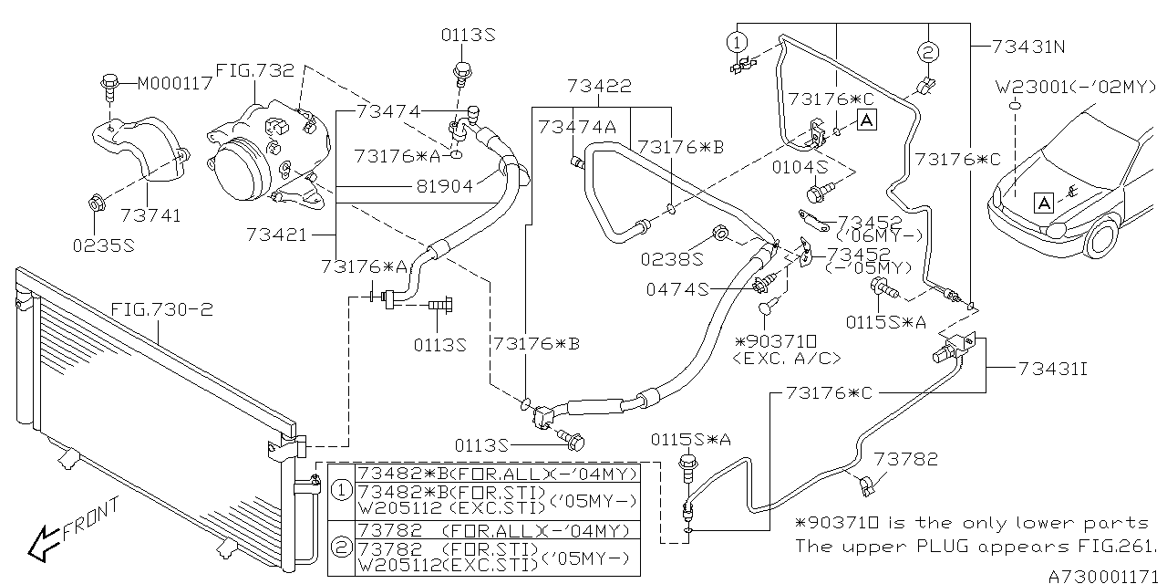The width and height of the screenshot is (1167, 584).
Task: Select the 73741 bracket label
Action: point(150,215)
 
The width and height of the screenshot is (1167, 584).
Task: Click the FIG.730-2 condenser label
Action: point(161,310)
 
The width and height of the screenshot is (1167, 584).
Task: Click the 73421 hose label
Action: point(276,235)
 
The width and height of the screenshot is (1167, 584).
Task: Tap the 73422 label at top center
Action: point(598,87)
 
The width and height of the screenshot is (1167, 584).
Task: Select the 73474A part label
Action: point(576,127)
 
